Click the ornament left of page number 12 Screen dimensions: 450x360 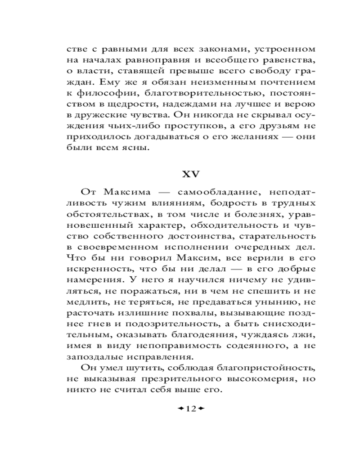(181, 409)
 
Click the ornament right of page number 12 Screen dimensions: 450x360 (201, 409)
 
